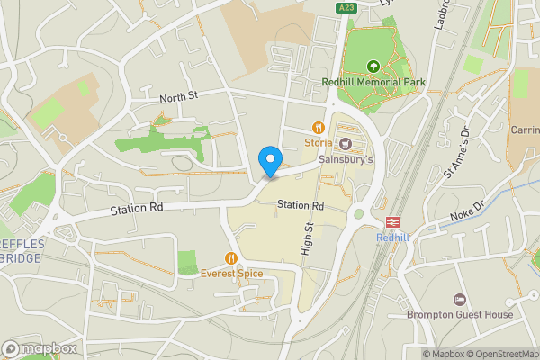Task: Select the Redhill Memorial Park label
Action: click(373, 82)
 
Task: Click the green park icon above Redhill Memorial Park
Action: click(373, 66)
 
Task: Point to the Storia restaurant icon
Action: click(318, 127)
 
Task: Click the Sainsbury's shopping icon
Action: click(346, 144)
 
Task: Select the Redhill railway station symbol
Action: click(392, 221)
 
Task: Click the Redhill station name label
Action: click(392, 237)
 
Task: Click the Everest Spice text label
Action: click(231, 273)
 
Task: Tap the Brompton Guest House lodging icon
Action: click(460, 299)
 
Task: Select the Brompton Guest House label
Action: click(460, 314)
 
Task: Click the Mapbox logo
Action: click(40, 348)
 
